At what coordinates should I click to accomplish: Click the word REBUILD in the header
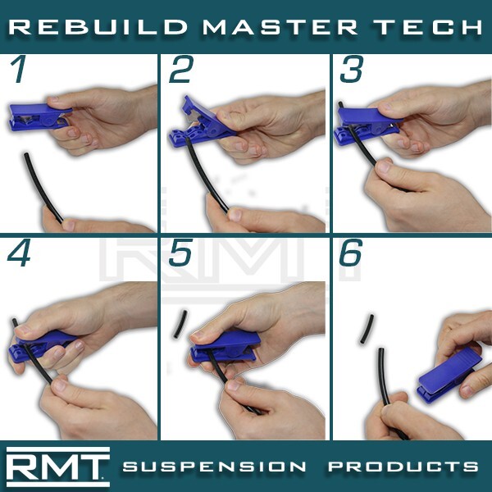97,27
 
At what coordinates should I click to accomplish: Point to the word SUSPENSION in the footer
215,467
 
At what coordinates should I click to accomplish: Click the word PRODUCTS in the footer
403,467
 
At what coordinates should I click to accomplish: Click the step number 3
351,71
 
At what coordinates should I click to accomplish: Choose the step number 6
351,255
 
